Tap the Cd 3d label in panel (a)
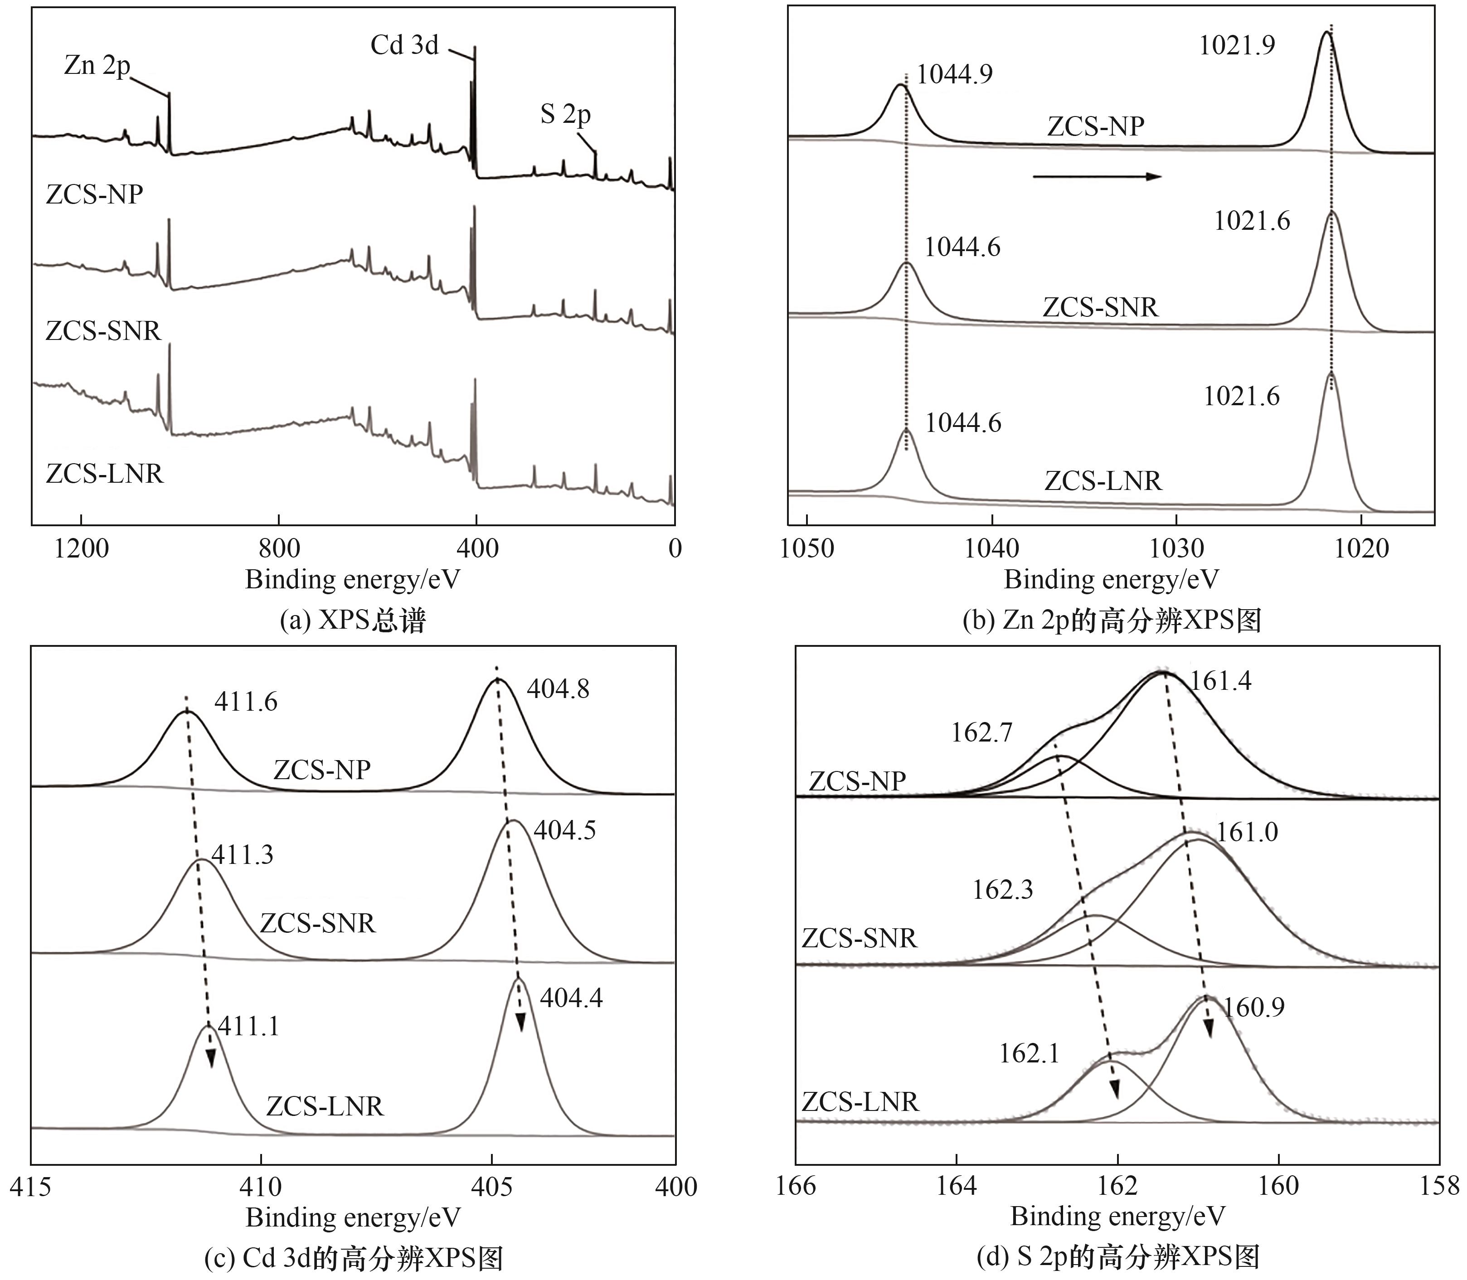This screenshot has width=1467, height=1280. [x=404, y=45]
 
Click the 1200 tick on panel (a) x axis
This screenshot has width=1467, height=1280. [x=82, y=548]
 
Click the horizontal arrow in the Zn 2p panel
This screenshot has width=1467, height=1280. [x=1097, y=176]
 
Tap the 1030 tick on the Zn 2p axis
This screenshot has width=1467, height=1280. [x=1176, y=548]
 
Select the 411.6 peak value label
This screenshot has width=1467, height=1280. [x=246, y=702]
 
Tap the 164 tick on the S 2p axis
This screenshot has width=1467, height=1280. [x=957, y=1186]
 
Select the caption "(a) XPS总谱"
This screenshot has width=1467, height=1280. [x=353, y=620]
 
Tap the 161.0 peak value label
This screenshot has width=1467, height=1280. [x=1247, y=832]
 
